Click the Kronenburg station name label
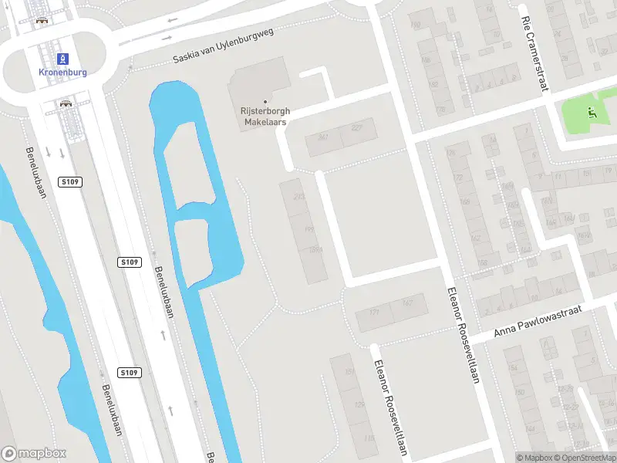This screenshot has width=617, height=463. pos(62,72)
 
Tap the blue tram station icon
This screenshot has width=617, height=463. pos(62,58)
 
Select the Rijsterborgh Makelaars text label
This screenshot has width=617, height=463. pos(265,117)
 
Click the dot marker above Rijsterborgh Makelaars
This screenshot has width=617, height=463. pos(265,102)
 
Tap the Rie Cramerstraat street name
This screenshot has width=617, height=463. pos(534,53)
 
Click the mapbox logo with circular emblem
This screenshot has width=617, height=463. pos(34,454)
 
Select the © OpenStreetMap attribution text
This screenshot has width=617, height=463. pos(582,458)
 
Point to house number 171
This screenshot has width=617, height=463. pos(375,313)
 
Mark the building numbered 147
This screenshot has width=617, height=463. pos(408,302)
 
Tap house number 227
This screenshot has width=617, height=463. pos(356,128)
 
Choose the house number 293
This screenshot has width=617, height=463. pos(299,196)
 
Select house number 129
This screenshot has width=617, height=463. pos(359,404)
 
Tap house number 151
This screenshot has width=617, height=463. pos(349,372)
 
